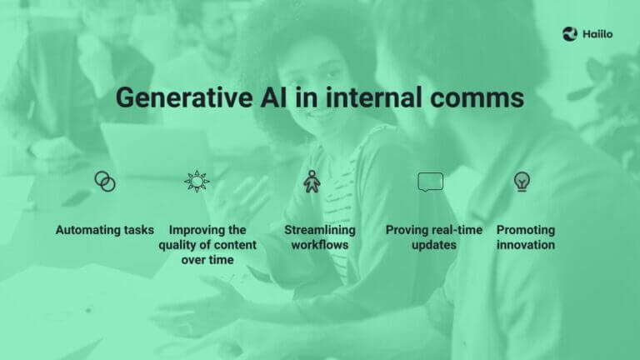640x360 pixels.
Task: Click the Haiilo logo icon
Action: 569,33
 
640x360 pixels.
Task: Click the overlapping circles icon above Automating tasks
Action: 105,181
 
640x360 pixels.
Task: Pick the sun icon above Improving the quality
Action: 197,180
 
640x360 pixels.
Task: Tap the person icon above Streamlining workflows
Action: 312,181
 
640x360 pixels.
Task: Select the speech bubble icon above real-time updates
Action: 430,181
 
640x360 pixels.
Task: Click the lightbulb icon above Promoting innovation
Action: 522,181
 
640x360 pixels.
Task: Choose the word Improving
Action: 196,230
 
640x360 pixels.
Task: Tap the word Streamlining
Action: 319,230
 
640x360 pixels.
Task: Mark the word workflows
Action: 319,245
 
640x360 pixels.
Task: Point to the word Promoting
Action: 526,230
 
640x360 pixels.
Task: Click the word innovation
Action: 526,245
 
